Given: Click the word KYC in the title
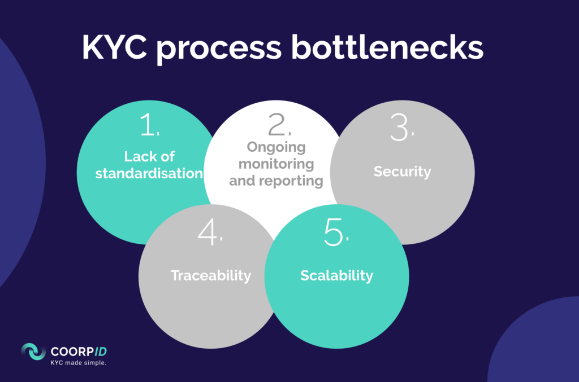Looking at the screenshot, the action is [114, 47].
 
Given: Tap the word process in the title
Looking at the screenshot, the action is [219, 50].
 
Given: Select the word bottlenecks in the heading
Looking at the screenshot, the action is [387, 47].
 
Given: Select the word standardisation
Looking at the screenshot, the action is [149, 173].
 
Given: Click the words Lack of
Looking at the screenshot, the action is [149, 156].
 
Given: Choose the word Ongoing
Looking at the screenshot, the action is [276, 147].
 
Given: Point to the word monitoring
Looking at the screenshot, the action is [276, 164].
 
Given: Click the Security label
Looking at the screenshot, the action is [402, 172].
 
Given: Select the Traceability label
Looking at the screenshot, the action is [211, 275].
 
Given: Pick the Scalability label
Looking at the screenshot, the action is [337, 275].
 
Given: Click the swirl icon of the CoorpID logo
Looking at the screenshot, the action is [33, 352].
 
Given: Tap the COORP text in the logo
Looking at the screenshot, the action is [72, 352].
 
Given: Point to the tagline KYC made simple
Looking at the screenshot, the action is [78, 363].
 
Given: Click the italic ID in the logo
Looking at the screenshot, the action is [101, 352].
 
